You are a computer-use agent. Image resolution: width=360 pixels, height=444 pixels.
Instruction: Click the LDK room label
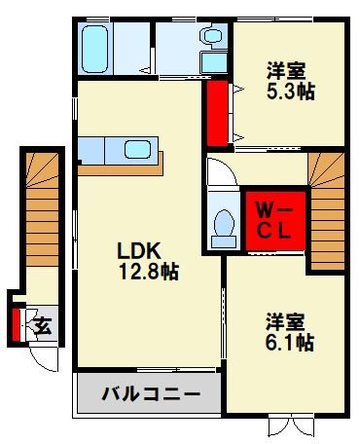tap(138, 250)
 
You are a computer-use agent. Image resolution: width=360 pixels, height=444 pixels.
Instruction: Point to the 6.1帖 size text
tap(290, 342)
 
